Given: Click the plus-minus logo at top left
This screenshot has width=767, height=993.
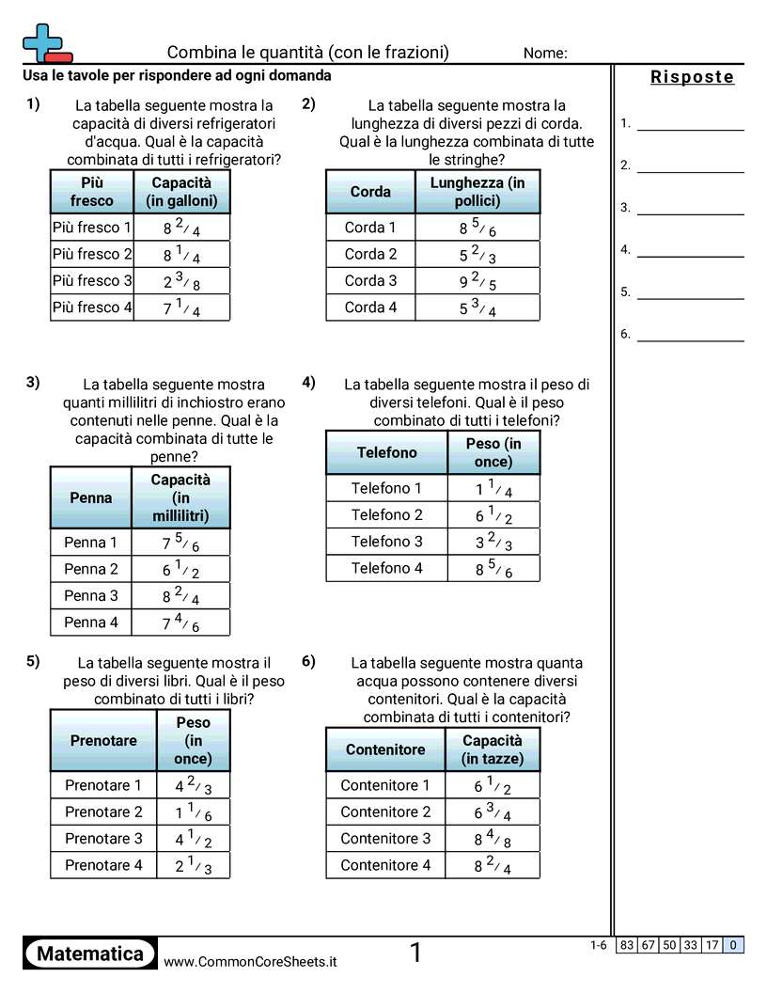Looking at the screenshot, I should coord(46,43).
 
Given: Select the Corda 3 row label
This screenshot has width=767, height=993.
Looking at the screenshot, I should coord(370,280).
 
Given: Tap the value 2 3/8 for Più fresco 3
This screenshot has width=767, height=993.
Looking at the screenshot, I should coord(181,281).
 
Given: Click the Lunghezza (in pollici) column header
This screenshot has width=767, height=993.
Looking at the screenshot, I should coord(477,192).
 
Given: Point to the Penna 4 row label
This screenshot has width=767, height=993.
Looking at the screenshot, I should coord(91,622).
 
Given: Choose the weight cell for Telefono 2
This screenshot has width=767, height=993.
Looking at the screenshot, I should coord(493,515).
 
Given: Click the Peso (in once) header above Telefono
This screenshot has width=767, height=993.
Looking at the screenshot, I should coord(493,452).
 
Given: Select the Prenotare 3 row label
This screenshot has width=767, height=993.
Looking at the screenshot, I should coord(103,838).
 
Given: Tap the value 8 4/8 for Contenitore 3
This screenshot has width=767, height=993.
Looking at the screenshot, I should coord(493,839).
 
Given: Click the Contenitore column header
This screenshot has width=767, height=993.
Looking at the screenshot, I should coord(385,749).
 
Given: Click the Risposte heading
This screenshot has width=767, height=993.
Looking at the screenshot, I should coord(692,77).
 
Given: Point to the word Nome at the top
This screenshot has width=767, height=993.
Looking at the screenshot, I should coord(545,54).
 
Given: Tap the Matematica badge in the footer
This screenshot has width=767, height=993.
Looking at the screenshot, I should coord(90,954).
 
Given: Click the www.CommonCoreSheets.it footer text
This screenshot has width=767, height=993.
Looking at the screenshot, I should coord(250,962).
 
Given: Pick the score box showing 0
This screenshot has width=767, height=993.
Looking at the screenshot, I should coord(733,945).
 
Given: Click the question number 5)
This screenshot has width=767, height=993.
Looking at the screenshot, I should coord(33,661).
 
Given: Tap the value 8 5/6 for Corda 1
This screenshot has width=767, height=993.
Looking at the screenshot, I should coord(477,228).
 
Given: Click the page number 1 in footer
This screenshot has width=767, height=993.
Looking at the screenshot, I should coord(415,954).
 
